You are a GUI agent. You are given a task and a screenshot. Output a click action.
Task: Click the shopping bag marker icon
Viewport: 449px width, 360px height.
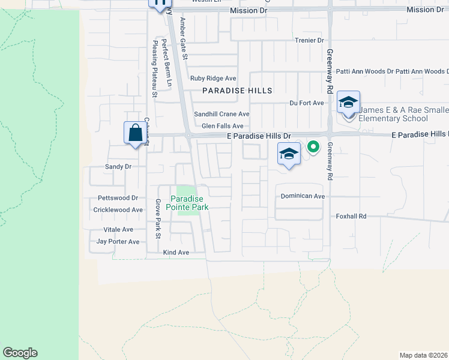[134, 132]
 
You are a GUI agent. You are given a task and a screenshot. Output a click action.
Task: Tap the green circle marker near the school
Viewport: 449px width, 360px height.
[313, 146]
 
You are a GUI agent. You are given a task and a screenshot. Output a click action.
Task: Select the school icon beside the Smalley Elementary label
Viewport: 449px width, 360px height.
[348, 103]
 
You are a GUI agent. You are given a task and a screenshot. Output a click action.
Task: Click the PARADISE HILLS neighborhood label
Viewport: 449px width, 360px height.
[237, 91]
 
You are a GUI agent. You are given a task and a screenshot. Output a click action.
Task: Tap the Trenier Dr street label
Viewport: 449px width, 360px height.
[309, 40]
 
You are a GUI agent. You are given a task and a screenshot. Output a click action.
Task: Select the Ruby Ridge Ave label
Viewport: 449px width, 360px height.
[213, 78]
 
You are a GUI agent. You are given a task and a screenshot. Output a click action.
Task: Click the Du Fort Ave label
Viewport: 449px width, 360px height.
[306, 103]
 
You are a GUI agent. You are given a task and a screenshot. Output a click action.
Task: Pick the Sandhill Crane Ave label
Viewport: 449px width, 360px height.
[221, 114]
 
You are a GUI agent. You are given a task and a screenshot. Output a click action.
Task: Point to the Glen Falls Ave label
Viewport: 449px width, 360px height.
[222, 126]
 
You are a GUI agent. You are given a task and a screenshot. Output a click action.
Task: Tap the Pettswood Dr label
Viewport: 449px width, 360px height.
[118, 198]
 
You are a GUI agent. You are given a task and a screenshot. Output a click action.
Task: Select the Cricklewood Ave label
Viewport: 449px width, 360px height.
[118, 210]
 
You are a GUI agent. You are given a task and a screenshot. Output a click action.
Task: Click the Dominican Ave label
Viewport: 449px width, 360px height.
[303, 196]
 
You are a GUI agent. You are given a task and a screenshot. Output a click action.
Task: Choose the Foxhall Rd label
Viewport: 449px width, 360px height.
[351, 216]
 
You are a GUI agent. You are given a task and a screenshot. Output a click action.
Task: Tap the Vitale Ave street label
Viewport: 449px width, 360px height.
[118, 230]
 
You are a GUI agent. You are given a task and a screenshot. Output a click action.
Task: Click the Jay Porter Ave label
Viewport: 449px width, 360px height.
[118, 242]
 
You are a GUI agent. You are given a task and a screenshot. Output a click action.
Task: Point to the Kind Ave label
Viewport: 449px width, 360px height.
[176, 253]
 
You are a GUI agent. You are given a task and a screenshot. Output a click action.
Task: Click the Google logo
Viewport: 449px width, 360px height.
[20, 353]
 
